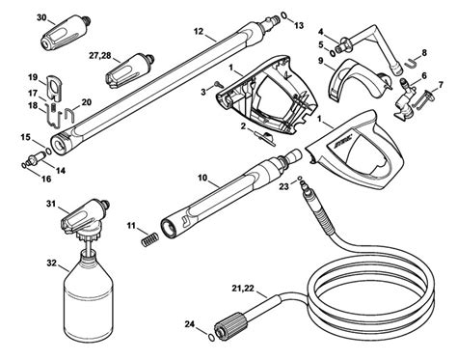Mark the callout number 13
298,23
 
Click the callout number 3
204,90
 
